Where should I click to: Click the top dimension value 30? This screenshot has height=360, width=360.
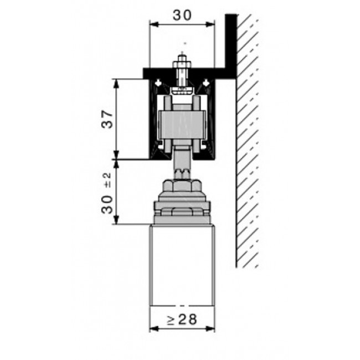[182, 16]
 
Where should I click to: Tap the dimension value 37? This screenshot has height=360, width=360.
[107, 119]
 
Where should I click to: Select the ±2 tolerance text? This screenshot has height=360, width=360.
[107, 180]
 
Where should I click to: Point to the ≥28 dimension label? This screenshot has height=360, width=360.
[182, 320]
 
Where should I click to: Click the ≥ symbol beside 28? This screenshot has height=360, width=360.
[171, 320]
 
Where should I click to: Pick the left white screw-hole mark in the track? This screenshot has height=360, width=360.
[158, 83]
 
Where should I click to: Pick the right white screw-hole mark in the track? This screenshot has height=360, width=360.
[207, 83]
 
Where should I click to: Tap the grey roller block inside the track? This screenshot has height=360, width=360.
[183, 125]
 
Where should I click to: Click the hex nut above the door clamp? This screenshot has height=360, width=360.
[182, 186]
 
